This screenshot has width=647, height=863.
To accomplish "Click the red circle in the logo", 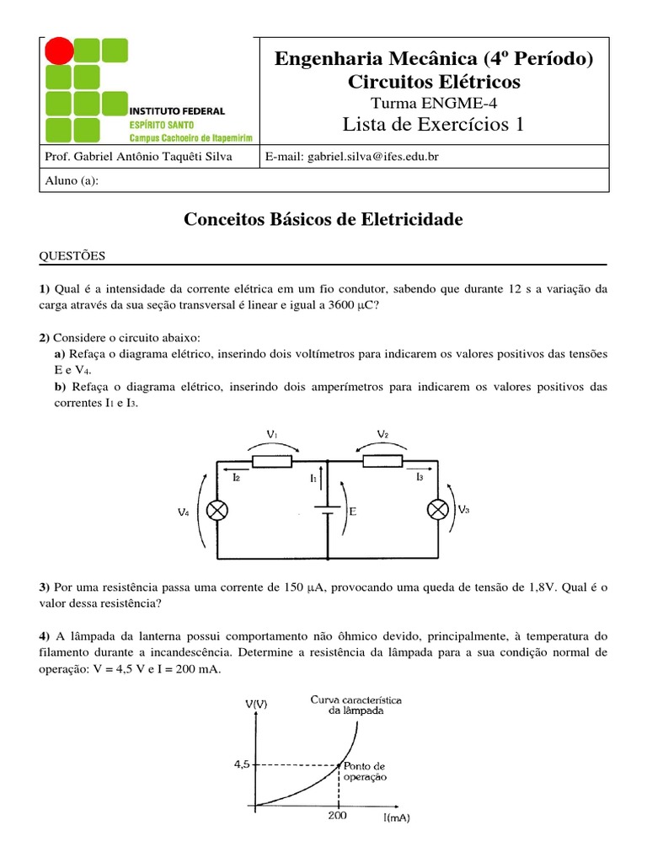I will point(59,51).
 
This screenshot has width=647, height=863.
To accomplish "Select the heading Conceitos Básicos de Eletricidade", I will point(323,220).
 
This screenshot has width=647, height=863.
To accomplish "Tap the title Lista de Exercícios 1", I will point(433,125).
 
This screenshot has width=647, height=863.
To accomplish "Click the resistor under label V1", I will point(272,461).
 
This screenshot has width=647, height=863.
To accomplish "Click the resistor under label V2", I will point(382,461).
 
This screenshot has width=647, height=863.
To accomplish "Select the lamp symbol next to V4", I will point(219,511).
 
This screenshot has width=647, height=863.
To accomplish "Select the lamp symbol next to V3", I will point(438,511).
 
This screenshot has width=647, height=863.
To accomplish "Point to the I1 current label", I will point(313,478).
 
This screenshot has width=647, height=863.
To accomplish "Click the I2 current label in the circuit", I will point(237,477).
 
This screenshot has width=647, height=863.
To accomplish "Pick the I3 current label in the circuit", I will point(420,477).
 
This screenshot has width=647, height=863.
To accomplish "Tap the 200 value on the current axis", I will point(338,816).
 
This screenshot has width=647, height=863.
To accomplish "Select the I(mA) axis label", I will point(396,817).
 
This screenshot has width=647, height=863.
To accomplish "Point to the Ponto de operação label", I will point(365,772).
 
